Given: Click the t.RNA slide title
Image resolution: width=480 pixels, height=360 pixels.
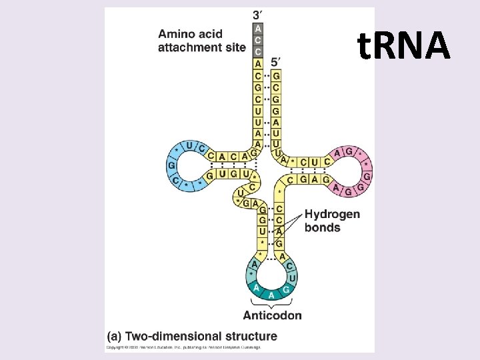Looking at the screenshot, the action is (404, 45).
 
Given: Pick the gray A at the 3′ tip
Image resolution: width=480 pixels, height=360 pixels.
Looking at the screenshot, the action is (258, 29).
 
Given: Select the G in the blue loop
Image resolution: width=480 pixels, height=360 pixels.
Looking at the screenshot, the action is (171, 165).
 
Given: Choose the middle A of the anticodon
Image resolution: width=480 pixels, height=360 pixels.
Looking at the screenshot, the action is (271, 295).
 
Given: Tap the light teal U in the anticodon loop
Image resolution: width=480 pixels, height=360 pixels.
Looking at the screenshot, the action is (293, 276).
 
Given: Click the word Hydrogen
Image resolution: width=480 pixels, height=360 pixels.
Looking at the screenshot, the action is (331, 215).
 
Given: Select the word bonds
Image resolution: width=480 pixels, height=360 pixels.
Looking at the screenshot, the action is (322, 227).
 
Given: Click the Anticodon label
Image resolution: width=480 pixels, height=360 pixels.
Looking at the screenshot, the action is (272, 315).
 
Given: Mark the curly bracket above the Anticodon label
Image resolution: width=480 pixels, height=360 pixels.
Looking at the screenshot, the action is (271, 304).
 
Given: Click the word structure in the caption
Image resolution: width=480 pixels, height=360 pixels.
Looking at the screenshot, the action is (247, 335).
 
